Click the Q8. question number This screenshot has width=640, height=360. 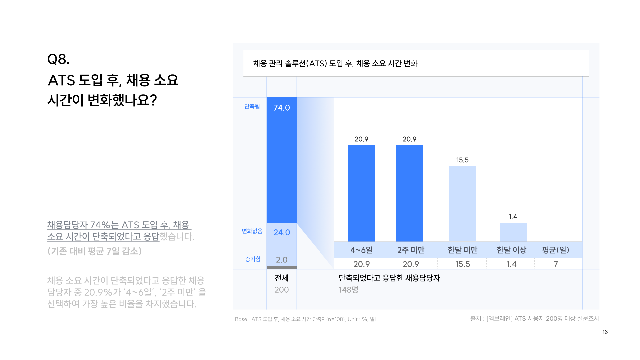click(58, 59)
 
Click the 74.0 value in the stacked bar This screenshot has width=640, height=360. click(282, 108)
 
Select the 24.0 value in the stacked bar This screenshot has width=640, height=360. click(282, 232)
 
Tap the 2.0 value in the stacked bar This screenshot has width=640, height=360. click(282, 260)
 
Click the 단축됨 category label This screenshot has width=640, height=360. click(252, 106)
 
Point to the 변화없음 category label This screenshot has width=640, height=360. click(252, 231)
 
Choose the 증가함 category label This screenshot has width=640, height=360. click(253, 259)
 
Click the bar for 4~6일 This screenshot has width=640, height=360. click(361, 193)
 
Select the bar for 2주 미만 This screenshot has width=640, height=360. click(409, 193)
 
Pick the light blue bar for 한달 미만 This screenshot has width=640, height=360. click(462, 203)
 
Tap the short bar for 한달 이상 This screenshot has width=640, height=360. click(513, 232)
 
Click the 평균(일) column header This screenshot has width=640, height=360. click(556, 250)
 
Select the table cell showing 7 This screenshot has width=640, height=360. click(556, 264)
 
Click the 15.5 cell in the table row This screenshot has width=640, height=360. click(463, 264)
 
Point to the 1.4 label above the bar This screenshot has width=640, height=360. click(513, 217)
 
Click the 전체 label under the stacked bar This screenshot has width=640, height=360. click(282, 278)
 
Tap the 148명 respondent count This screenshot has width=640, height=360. click(348, 290)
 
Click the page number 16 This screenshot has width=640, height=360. click(605, 332)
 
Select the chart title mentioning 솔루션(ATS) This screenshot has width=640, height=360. click(335, 63)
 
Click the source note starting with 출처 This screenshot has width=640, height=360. click(535, 319)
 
